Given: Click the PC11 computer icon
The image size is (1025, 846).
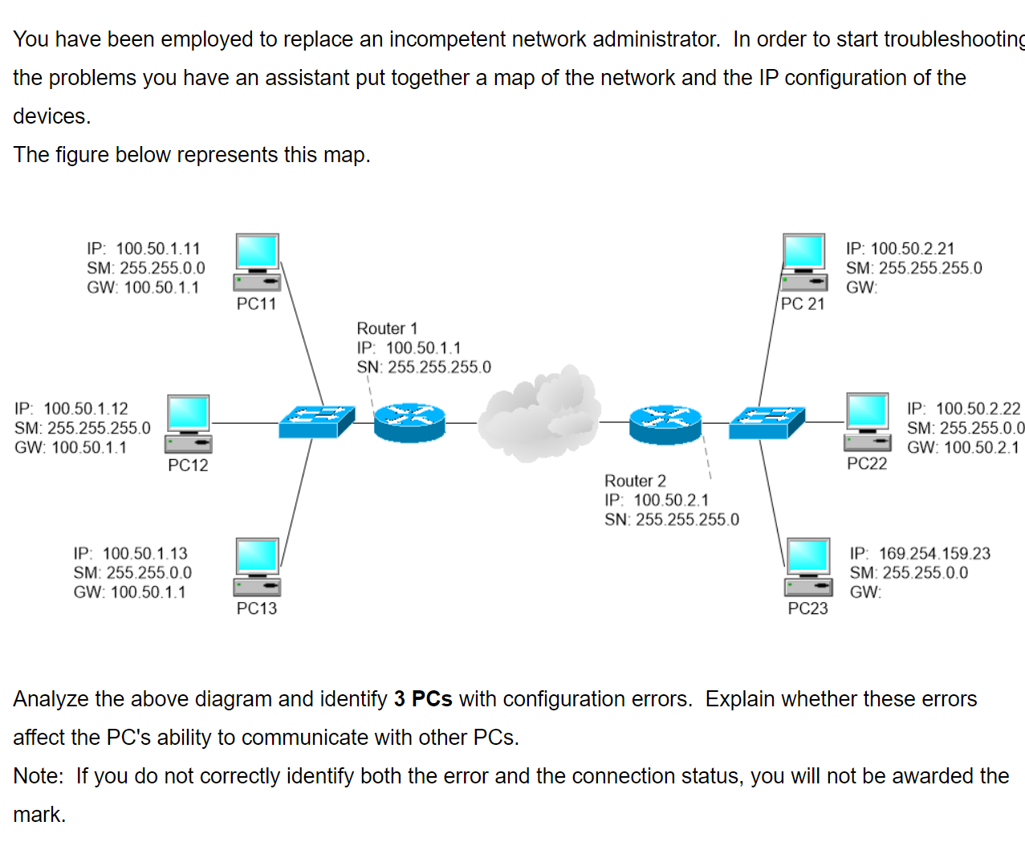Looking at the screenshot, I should click(x=257, y=262).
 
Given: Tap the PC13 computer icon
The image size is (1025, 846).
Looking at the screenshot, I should click(x=257, y=567).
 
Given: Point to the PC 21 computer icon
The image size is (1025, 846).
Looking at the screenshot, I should click(x=804, y=262).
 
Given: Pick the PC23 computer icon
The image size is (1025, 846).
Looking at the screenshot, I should click(x=808, y=567).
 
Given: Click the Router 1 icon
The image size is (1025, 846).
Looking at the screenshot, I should click(x=409, y=422).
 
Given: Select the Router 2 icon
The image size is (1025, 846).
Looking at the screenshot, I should click(x=665, y=423).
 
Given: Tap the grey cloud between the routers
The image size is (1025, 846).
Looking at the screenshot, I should click(x=539, y=414).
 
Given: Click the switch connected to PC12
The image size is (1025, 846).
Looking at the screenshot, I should click(x=317, y=421).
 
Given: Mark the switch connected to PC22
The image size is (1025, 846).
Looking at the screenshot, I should click(x=767, y=422).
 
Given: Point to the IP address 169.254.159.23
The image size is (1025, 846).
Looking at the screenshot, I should click(x=934, y=553).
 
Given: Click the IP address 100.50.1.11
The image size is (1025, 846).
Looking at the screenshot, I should click(x=158, y=249).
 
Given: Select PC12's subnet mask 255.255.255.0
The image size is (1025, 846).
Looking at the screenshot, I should click(x=99, y=428).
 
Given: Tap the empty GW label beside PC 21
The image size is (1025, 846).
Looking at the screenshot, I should click(x=862, y=287).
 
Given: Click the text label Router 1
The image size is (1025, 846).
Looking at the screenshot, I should click(x=387, y=328).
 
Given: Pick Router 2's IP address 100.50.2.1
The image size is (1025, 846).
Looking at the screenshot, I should click(x=671, y=500).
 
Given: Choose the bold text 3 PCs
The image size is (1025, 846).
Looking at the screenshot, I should click(x=423, y=699).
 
